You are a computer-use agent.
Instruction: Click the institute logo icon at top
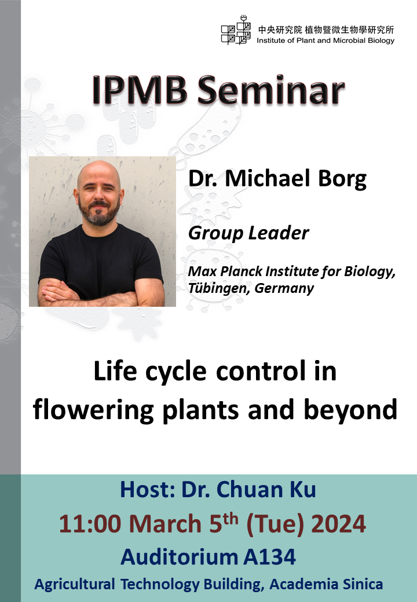pyautogui.click(x=236, y=31)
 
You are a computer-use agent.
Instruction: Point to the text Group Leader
pyautogui.click(x=248, y=233)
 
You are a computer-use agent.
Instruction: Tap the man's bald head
pyautogui.click(x=99, y=172)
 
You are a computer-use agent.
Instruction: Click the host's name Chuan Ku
pyautogui.click(x=280, y=490)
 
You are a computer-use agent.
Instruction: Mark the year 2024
pyautogui.click(x=339, y=524)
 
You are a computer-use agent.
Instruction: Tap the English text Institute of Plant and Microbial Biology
pyautogui.click(x=325, y=41)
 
